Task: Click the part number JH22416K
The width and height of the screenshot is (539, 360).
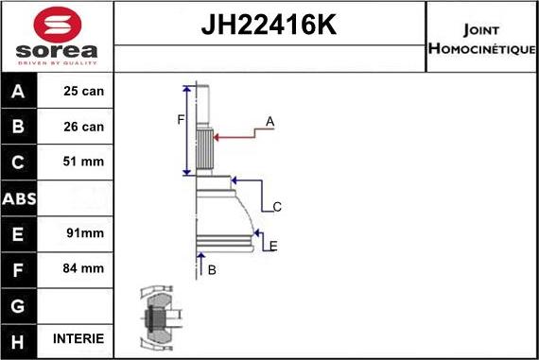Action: click(x=269, y=26)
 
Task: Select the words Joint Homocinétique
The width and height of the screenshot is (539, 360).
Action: click(x=481, y=38)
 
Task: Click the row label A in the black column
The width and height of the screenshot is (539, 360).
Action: click(x=20, y=92)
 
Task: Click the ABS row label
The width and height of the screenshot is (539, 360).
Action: click(x=20, y=197)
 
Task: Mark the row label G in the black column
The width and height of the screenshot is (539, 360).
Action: click(x=20, y=303)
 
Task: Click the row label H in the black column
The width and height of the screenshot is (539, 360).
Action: click(x=20, y=338)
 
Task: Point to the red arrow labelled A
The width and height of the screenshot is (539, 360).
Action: click(x=236, y=136)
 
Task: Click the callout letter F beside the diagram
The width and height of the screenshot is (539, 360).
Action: click(x=180, y=119)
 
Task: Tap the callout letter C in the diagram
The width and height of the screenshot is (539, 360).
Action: click(x=277, y=206)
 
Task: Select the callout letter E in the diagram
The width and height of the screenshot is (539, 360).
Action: click(x=273, y=246)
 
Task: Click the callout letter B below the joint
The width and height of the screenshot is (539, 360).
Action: click(x=212, y=269)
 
